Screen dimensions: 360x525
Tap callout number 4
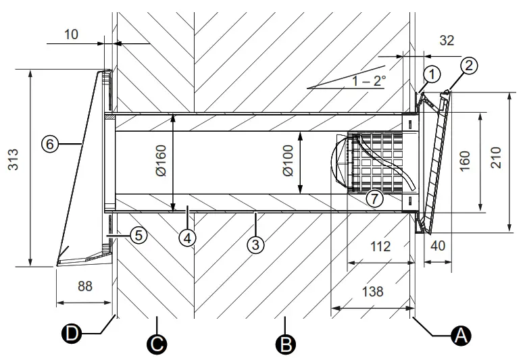(188, 237)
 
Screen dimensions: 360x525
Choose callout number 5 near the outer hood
(138, 235)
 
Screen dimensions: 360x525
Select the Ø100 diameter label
(289, 162)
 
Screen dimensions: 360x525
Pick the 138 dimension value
(372, 292)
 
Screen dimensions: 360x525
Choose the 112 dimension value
(380, 247)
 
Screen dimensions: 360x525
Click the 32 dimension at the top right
(447, 41)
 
